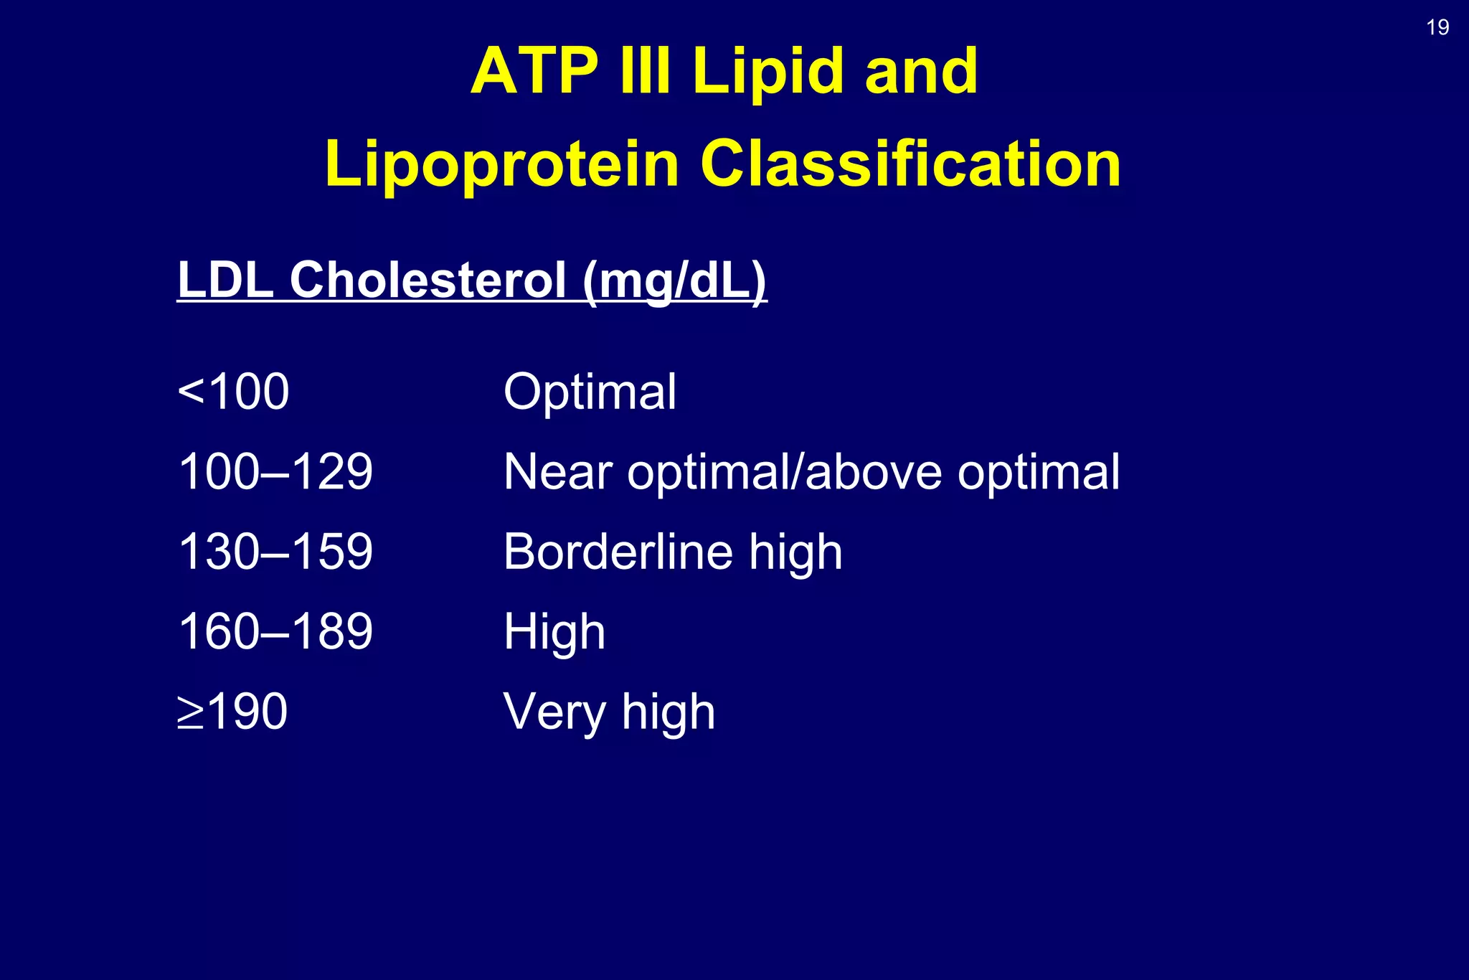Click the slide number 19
tap(1437, 28)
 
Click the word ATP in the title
tap(534, 71)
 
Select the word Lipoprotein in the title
tap(501, 164)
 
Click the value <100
tap(233, 392)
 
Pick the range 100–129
tap(275, 472)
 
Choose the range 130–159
tap(275, 552)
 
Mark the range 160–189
tap(275, 632)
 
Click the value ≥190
tap(232, 712)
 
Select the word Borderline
tap(618, 552)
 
